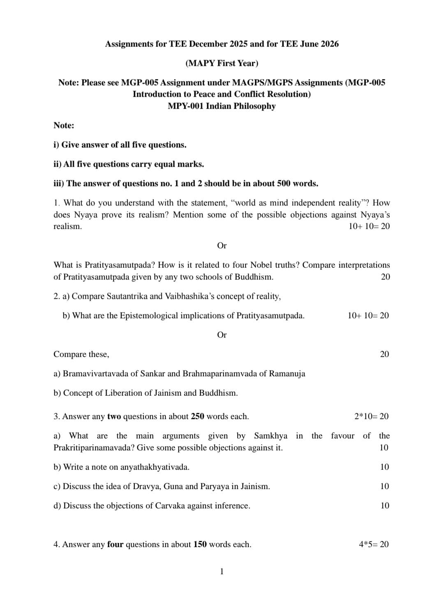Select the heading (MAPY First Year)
click(222, 63)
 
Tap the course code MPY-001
click(185, 106)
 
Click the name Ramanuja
click(287, 374)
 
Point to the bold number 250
click(197, 417)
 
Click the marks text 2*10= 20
click(371, 417)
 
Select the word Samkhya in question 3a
click(270, 436)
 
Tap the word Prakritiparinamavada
click(93, 448)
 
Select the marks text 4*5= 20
click(373, 545)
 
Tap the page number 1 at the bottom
click(222, 571)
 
